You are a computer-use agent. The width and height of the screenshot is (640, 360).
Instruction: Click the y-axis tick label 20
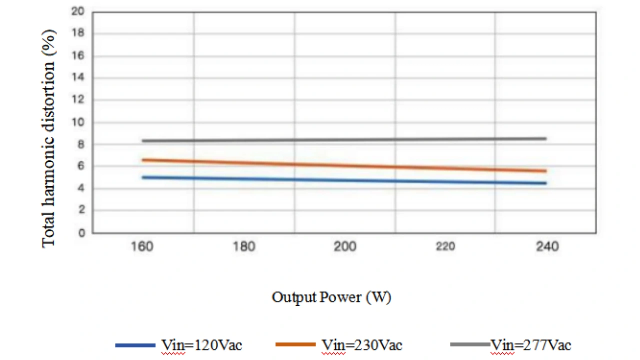click(78, 12)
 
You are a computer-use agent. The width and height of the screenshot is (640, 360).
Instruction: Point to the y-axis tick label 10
click(78, 122)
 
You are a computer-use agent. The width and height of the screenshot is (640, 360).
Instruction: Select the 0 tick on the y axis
click(81, 233)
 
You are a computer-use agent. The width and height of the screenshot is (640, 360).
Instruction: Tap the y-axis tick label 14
click(78, 78)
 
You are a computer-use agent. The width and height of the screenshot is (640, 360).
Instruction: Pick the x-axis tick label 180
click(244, 247)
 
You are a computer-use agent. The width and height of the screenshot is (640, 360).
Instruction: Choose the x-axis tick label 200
click(345, 247)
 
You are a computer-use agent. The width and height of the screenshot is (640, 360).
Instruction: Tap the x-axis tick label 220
click(445, 247)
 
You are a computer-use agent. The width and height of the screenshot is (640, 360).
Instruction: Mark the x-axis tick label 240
click(547, 247)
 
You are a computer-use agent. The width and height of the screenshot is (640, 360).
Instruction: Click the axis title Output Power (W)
click(331, 297)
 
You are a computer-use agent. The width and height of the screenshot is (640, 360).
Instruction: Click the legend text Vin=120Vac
click(202, 345)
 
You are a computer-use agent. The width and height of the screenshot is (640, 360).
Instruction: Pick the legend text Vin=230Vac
click(362, 345)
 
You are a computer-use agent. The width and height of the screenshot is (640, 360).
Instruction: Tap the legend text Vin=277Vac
click(531, 345)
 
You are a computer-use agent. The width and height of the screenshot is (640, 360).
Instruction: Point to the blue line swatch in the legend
click(135, 345)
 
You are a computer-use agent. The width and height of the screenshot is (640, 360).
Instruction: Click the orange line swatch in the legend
click(295, 345)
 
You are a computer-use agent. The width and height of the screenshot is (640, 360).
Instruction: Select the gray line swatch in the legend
click(469, 345)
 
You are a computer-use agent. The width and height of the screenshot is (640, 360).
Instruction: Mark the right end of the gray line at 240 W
click(546, 138)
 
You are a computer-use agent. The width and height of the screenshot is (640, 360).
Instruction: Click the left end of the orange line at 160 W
click(143, 160)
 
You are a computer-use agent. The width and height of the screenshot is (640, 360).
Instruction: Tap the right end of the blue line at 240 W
click(546, 183)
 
